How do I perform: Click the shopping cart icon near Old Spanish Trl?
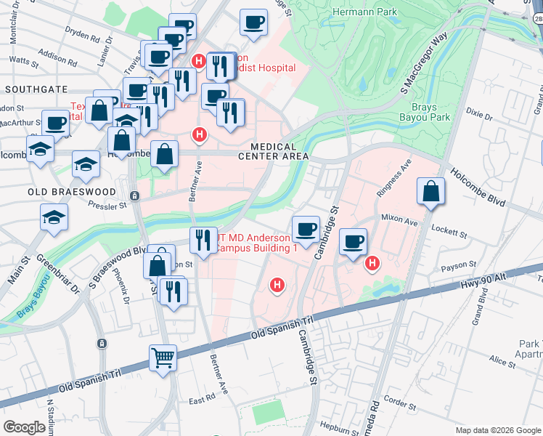click(x=163, y=357)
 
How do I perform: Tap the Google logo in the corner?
click(x=24, y=427)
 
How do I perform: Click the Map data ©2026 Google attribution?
click(x=497, y=430)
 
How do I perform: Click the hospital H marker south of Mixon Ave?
click(x=372, y=263)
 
